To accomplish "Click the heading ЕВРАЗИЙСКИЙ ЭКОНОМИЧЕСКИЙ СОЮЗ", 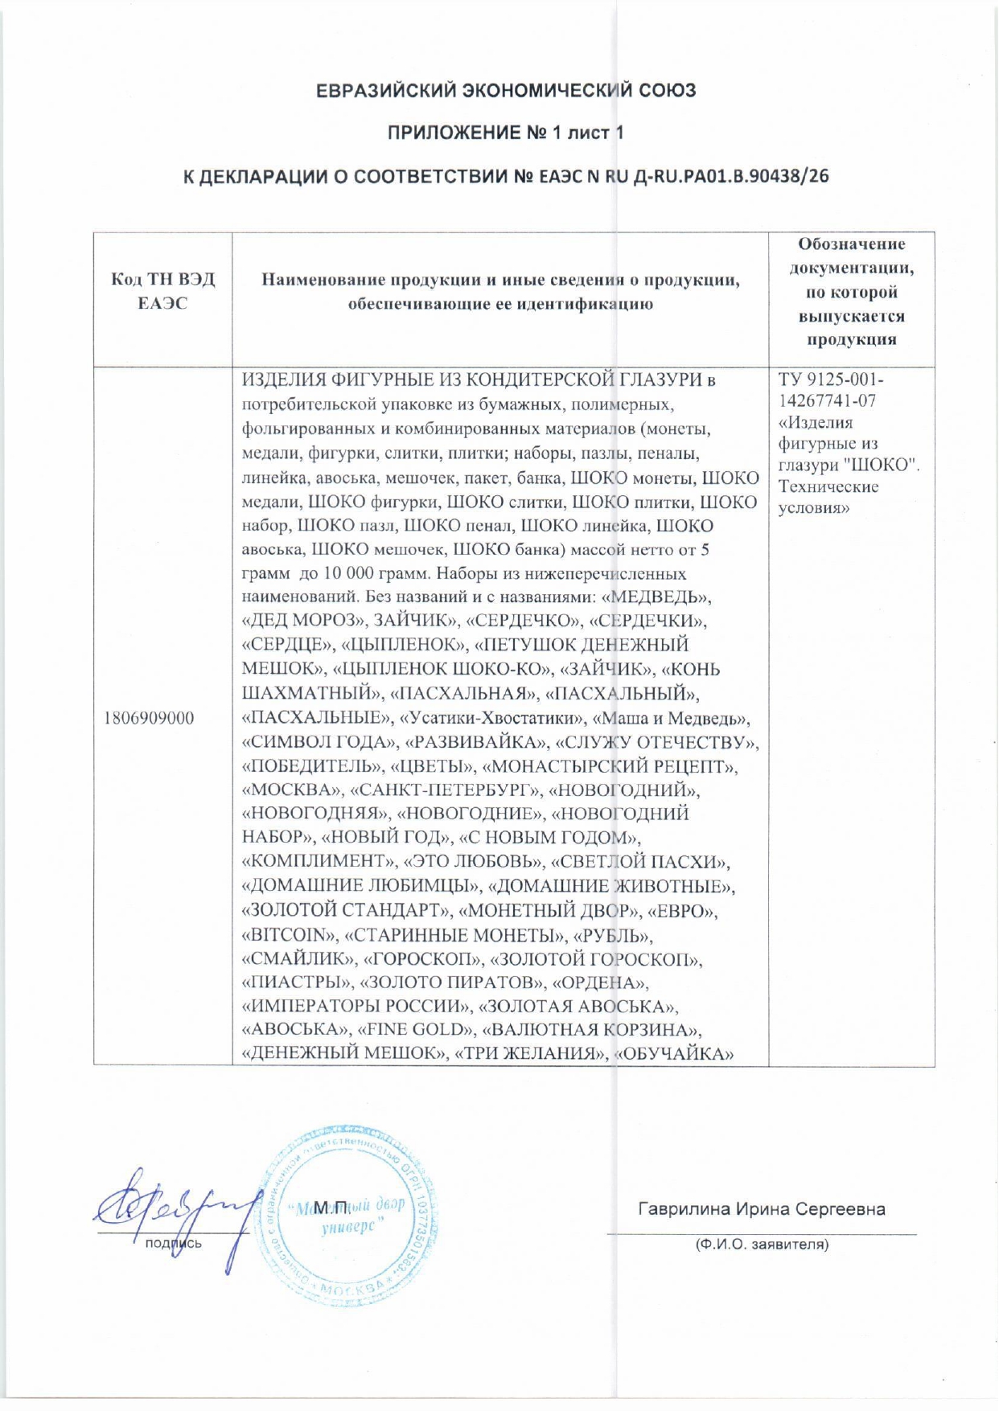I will [505, 90].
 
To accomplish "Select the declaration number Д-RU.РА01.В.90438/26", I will [730, 177].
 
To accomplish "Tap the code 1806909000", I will [149, 718].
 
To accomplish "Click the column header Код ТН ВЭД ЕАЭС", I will [162, 291].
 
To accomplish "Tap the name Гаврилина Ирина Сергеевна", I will [761, 1209].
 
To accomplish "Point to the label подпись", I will [173, 1243].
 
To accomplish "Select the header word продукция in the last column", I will [851, 339].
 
